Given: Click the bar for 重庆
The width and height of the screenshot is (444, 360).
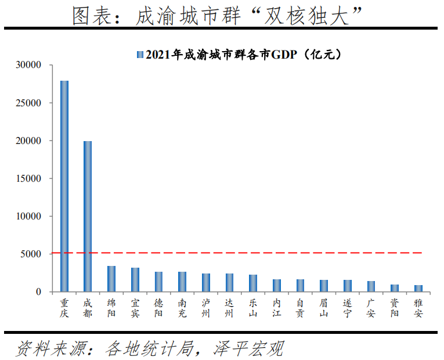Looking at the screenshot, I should pyautogui.click(x=64, y=186).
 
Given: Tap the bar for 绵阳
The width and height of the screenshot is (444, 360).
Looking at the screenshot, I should pyautogui.click(x=111, y=279).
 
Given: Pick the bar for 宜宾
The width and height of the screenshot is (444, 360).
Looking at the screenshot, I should pyautogui.click(x=135, y=279).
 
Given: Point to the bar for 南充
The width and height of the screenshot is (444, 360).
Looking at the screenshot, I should pyautogui.click(x=182, y=282).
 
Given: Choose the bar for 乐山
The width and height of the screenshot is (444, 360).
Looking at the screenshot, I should pyautogui.click(x=253, y=283).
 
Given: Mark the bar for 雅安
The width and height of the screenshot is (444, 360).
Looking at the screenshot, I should pyautogui.click(x=418, y=288).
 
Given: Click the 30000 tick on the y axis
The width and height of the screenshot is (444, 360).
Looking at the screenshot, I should pyautogui.click(x=29, y=65).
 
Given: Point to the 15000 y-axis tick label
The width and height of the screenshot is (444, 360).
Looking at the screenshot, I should pyautogui.click(x=29, y=178).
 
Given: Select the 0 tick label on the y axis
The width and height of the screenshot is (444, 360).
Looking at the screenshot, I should pyautogui.click(x=39, y=291).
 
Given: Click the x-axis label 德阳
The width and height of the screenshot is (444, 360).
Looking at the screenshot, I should pyautogui.click(x=158, y=308).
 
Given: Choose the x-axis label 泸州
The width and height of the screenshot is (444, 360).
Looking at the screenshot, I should pyautogui.click(x=206, y=308).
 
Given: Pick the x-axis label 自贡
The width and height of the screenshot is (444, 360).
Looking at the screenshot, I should pyautogui.click(x=300, y=308).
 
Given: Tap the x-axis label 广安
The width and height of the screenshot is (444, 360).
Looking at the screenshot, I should pyautogui.click(x=371, y=308).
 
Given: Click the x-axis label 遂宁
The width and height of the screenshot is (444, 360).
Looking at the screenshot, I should pyautogui.click(x=347, y=308).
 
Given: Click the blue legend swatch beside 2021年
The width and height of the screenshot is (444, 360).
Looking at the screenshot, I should pyautogui.click(x=139, y=55).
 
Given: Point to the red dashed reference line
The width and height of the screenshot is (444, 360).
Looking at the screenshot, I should pyautogui.click(x=244, y=253).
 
